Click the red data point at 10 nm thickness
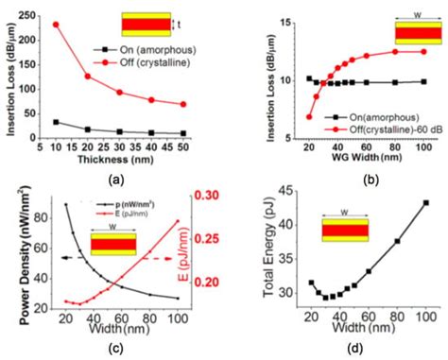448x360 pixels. pyautogui.click(x=55, y=25)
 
